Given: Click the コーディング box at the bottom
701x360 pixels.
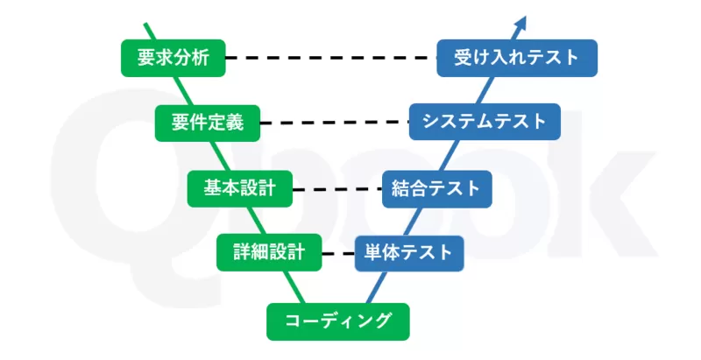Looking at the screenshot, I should click(337, 321).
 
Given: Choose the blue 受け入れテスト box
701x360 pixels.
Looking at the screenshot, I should click(517, 58).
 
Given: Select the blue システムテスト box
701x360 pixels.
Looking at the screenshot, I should click(484, 122).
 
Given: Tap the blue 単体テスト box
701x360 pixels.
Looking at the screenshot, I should click(407, 253).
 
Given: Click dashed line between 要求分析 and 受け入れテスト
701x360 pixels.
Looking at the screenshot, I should click(330, 59).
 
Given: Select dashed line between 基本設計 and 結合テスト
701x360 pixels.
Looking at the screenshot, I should click(336, 188).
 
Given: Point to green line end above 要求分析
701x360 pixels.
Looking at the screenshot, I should click(146, 26).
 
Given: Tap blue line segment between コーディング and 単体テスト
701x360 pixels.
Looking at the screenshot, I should click(379, 286).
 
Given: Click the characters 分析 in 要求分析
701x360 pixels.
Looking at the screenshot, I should click(188, 58).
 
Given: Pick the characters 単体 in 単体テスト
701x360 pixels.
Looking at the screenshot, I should click(385, 253).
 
